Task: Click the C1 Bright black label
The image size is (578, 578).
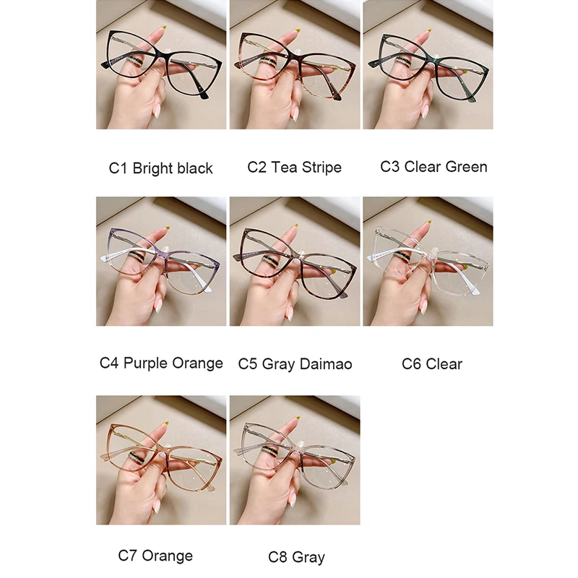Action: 160,168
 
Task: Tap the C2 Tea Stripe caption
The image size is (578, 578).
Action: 294,168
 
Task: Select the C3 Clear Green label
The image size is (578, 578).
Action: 433,167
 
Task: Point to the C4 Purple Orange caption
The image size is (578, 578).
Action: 161,363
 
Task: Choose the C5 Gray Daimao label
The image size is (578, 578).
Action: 295,364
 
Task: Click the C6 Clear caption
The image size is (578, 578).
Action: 431,364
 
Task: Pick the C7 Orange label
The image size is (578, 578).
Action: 155,556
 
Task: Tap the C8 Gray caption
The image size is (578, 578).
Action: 296,557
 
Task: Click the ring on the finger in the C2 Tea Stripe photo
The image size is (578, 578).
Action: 269,62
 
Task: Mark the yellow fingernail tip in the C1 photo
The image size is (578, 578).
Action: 164,28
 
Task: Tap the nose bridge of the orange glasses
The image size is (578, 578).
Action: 163,450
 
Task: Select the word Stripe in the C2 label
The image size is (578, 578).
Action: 322,168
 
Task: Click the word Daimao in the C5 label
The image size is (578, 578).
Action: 326,364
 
